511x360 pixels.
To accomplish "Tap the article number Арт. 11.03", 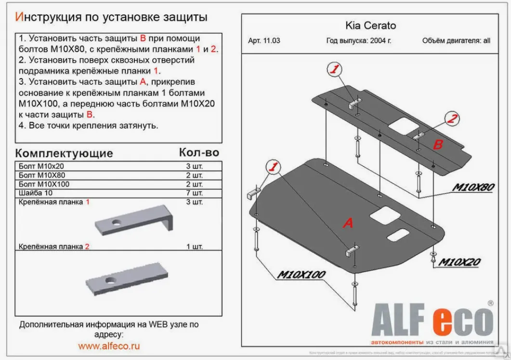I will click(x=264, y=41).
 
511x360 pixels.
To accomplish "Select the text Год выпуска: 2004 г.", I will click(x=358, y=41).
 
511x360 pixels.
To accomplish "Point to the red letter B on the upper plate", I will click(x=438, y=144).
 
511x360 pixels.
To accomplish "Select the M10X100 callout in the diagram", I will click(x=301, y=275).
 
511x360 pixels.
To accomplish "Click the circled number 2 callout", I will click(x=452, y=119).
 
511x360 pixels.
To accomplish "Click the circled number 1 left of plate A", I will click(x=273, y=167).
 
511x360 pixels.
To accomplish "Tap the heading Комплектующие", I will click(x=64, y=153).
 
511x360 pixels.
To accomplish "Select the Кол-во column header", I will click(x=198, y=153).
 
